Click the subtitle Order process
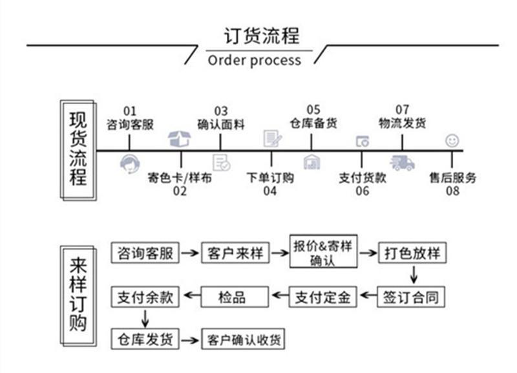(x=255, y=61)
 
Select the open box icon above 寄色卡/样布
(x=180, y=138)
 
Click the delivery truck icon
(x=402, y=163)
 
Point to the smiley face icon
(x=452, y=140)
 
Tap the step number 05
(x=313, y=111)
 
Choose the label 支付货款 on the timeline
(x=363, y=177)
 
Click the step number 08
(x=452, y=191)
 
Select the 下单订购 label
(x=271, y=177)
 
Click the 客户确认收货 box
(x=243, y=339)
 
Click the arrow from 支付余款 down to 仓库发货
(x=145, y=318)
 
